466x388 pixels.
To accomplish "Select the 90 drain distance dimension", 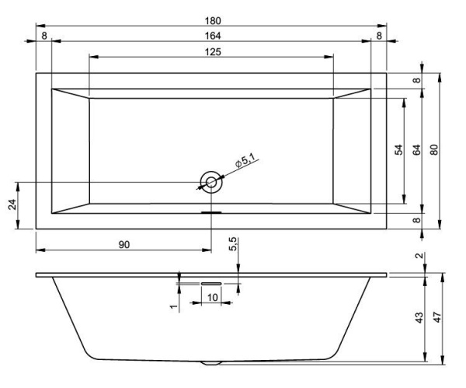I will pyautogui.click(x=123, y=244).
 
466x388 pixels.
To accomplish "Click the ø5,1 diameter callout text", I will pyautogui.click(x=245, y=162).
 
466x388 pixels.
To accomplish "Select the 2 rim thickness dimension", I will pyautogui.click(x=419, y=257).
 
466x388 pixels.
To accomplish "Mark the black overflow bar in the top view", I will pyautogui.click(x=211, y=211).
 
